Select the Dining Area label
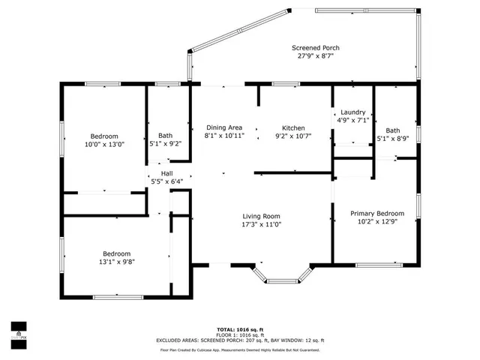click(x=223, y=127)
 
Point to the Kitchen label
click(x=293, y=127)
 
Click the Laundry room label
click(x=352, y=111)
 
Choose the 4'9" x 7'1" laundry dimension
click(x=352, y=119)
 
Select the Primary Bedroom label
click(x=377, y=213)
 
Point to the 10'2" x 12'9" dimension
click(x=377, y=221)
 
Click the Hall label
click(x=166, y=173)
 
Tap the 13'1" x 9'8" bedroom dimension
click(x=116, y=262)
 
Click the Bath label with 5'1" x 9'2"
click(x=165, y=136)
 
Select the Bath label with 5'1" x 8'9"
click(x=393, y=130)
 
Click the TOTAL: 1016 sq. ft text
click(x=243, y=329)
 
